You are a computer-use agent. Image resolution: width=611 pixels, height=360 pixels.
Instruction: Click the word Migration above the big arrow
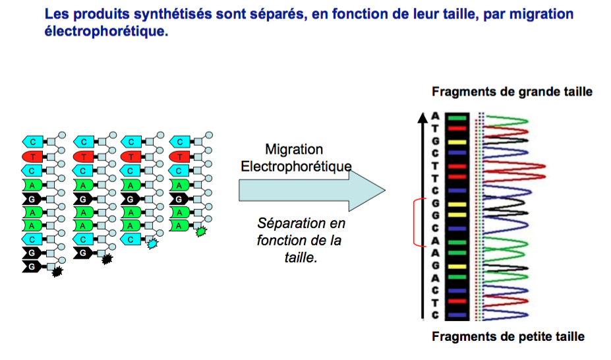pyautogui.click(x=294, y=149)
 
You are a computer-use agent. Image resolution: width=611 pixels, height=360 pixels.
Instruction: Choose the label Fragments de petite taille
pyautogui.click(x=508, y=337)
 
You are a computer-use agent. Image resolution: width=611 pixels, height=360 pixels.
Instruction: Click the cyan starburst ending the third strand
pyautogui.click(x=152, y=243)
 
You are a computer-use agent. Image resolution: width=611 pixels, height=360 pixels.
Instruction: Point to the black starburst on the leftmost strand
pyautogui.click(x=57, y=270)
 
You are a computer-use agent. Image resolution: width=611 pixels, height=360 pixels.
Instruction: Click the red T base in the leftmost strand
pyautogui.click(x=34, y=156)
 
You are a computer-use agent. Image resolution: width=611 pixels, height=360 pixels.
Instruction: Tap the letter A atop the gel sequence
pyautogui.click(x=435, y=116)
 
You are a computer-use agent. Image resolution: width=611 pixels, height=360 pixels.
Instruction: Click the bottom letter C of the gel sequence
pyautogui.click(x=435, y=315)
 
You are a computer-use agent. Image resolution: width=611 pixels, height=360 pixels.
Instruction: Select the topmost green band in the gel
pyautogui.click(x=457, y=118)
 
